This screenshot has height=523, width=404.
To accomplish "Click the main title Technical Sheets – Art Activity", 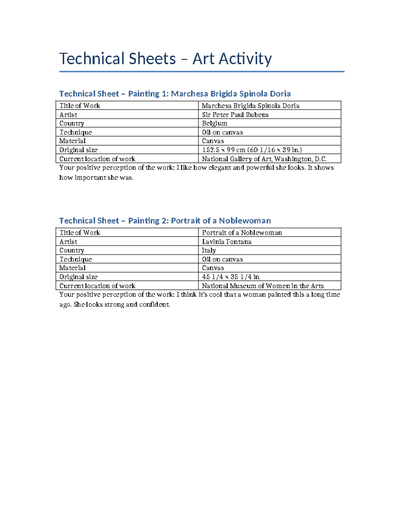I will tap(165, 59).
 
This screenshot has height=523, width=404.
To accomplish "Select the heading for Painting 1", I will tap(175, 94).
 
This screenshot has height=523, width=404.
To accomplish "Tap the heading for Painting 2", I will tap(165, 221).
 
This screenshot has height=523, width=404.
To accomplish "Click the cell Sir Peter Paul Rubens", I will tap(235, 115).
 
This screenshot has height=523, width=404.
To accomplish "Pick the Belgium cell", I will tap(214, 123).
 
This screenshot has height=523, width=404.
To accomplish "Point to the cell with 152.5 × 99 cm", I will tap(251, 150).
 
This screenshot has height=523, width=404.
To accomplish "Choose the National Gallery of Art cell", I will tap(264, 159).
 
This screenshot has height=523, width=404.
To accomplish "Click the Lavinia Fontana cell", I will tap(226, 241).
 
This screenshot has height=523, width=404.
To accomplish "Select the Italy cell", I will tap(209, 250).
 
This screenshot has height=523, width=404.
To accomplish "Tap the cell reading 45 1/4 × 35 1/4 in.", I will tap(231, 277).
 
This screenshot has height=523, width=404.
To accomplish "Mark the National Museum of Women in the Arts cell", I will tap(263, 286).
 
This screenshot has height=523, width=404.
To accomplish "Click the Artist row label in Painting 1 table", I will tap(68, 115).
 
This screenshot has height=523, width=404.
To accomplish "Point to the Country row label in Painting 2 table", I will tap(72, 250).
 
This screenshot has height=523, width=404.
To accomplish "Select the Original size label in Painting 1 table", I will tap(78, 150).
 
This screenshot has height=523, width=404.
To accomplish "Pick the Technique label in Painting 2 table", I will tap(75, 259).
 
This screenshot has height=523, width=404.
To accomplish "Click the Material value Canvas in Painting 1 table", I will tap(213, 141).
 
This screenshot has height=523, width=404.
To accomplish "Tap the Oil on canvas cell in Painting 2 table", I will tap(222, 259).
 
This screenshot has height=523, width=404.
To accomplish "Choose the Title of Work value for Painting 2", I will tap(242, 232).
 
